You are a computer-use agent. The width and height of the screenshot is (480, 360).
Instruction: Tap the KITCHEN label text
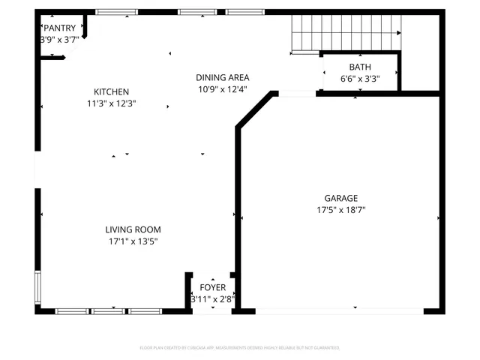(x=111, y=91)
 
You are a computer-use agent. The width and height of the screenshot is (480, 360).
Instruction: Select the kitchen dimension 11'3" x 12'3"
(x=111, y=103)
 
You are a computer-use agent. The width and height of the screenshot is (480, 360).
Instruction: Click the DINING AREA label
(x=222, y=77)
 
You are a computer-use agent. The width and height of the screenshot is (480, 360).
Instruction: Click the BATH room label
(x=359, y=67)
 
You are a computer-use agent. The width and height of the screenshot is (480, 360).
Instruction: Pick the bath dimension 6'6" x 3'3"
(x=359, y=78)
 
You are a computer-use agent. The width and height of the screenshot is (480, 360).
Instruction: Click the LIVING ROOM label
(x=133, y=229)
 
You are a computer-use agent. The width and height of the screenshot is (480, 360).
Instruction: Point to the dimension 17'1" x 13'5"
(x=133, y=241)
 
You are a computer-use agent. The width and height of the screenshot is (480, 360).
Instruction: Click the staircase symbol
(x=345, y=34)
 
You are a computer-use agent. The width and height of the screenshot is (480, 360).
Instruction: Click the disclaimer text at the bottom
(x=240, y=348)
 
